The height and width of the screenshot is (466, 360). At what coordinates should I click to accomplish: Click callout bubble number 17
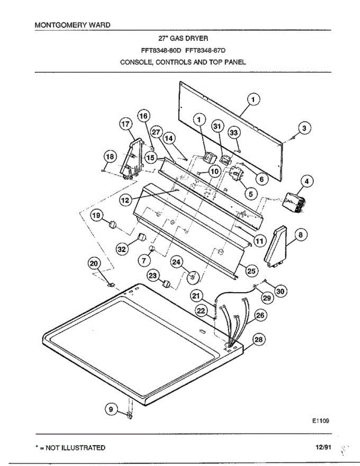coord(125,125)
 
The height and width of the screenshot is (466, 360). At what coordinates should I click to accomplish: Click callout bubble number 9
coord(111,409)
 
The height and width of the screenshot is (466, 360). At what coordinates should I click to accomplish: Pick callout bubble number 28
coord(258,341)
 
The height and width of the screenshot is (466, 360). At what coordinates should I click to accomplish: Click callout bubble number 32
coord(122,249)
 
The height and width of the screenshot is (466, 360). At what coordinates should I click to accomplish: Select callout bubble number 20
coord(94,264)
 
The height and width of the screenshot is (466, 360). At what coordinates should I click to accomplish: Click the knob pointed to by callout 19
coord(113,224)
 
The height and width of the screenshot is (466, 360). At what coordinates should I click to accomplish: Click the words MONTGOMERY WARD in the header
coord(73,25)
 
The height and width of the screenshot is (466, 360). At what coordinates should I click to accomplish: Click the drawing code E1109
coord(317,420)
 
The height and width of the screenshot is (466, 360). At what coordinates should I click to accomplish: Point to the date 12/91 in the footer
coord(323,447)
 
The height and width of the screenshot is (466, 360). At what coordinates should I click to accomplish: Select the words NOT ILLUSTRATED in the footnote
coord(75,448)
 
